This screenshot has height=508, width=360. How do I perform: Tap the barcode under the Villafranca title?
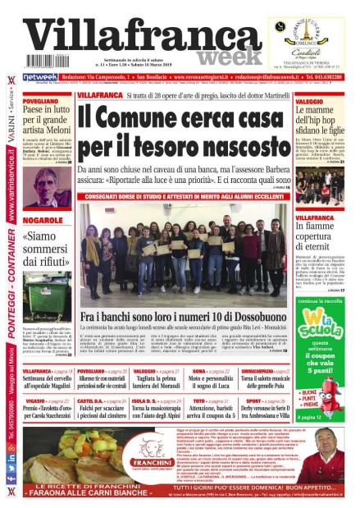[48, 61]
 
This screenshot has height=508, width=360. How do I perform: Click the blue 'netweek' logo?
[39, 76]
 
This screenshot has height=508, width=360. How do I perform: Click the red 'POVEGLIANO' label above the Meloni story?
[41, 101]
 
